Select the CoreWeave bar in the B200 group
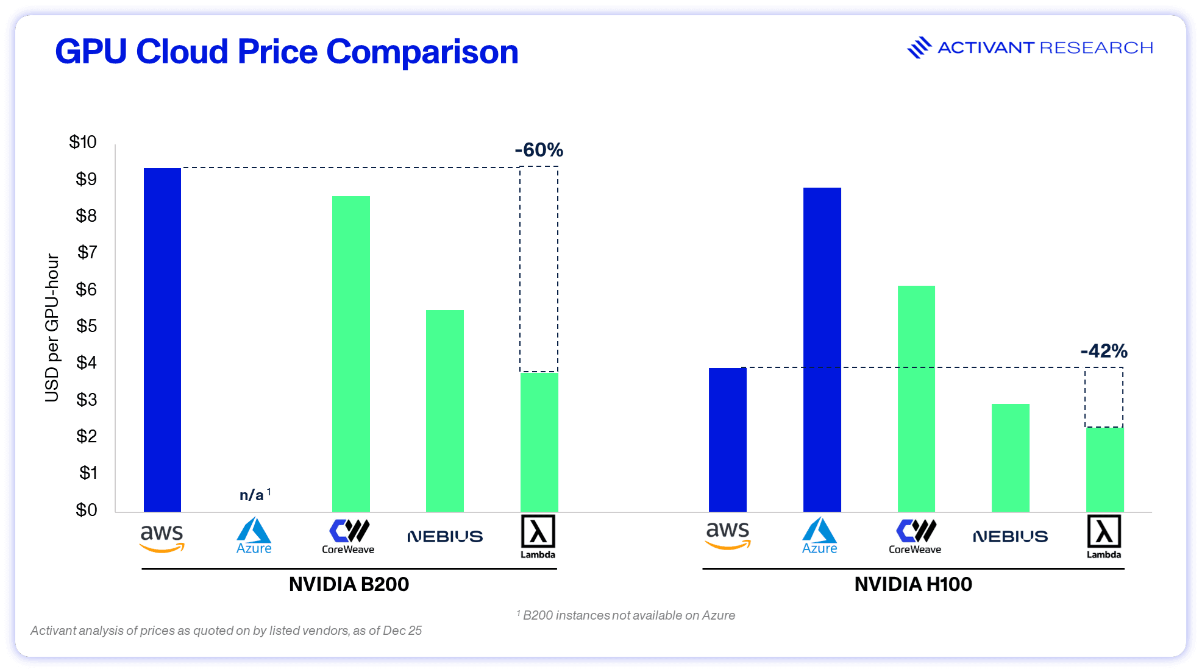(350, 354)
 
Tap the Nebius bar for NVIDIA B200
(445, 411)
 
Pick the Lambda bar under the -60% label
(539, 442)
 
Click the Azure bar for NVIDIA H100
(822, 350)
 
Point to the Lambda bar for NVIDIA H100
(1104, 469)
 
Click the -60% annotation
(539, 150)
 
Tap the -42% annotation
(1104, 351)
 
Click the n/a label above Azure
(252, 495)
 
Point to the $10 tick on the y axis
(83, 142)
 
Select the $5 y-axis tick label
(86, 326)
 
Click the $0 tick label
(86, 509)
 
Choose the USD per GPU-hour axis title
(52, 328)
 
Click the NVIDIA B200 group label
(349, 584)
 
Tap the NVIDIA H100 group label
(913, 584)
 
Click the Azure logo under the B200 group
(254, 536)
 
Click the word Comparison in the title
(422, 52)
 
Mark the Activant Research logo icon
(919, 48)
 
